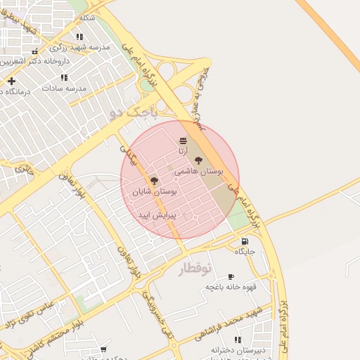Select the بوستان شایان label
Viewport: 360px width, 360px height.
(x=154, y=191)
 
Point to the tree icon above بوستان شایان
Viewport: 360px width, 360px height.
(x=154, y=181)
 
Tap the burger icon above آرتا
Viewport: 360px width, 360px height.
(x=183, y=141)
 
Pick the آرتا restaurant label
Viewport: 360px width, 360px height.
(x=183, y=151)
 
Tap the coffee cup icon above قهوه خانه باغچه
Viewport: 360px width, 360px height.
(x=231, y=276)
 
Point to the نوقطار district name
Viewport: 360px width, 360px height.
(x=194, y=269)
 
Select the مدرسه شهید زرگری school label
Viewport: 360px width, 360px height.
(x=79, y=46)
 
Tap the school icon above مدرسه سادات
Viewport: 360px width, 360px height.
(x=64, y=77)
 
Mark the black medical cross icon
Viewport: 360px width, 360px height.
(x=11, y=81)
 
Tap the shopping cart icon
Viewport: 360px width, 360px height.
(x=103, y=349)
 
